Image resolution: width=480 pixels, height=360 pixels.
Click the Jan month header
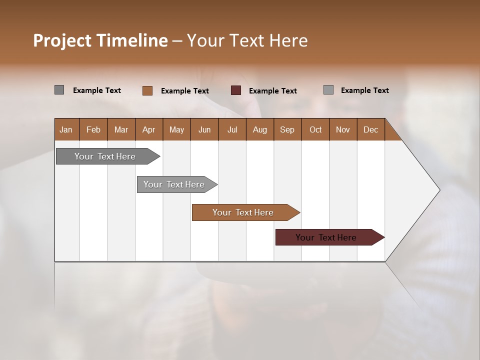tap(66, 129)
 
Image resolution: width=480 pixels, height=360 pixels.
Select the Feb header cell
tap(93, 129)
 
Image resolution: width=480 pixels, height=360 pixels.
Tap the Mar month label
tap(121, 129)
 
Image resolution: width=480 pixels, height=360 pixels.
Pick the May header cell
tap(176, 129)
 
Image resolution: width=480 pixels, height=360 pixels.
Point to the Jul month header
tap(232, 129)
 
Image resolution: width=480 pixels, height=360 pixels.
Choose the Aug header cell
tap(260, 129)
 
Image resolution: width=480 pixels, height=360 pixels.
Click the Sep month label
tap(287, 129)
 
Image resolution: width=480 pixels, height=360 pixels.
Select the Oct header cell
tap(315, 129)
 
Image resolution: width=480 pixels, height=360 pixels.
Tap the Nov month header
tap(343, 129)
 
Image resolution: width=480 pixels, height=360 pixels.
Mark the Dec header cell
tap(371, 129)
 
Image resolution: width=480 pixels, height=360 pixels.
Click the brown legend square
tap(147, 90)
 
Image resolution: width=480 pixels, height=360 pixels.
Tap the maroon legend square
tap(236, 90)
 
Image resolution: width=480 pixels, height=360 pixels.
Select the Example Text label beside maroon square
tap(273, 91)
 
